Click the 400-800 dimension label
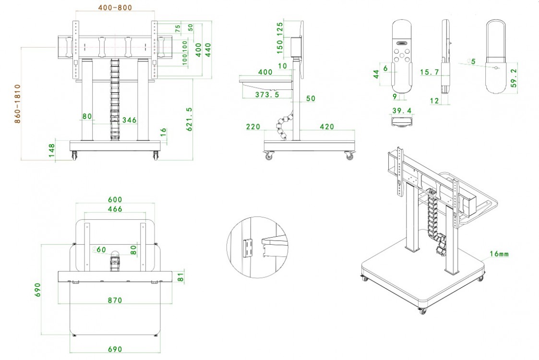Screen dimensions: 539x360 115,8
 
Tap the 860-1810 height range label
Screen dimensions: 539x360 18,104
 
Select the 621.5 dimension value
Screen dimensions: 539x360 190,119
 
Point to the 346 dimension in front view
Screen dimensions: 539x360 129,120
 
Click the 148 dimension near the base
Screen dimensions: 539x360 51,151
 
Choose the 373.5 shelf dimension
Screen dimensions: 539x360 267,95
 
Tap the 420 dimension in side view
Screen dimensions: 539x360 327,127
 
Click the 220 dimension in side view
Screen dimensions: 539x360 253,127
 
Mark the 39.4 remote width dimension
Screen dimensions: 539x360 402,110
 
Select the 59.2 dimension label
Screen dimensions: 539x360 514,78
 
